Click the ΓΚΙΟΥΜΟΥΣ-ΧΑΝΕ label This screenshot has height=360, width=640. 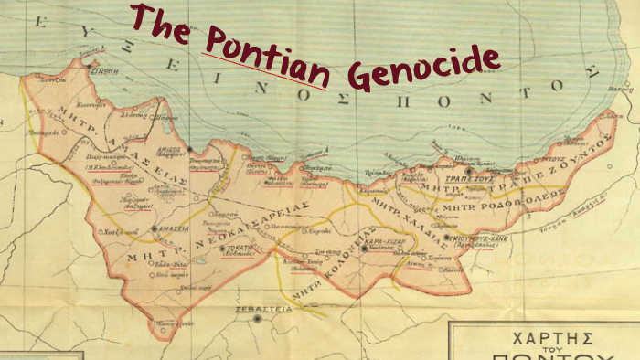[475, 238]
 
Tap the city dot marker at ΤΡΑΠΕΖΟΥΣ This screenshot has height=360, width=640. [469, 170]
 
